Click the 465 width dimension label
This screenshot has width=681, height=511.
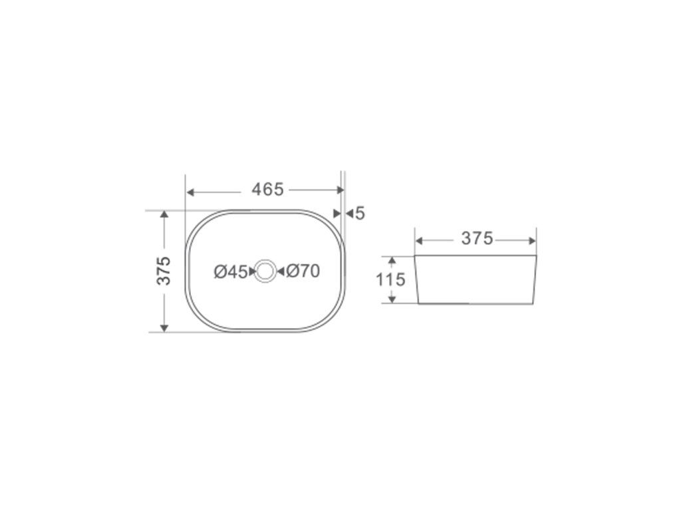267,190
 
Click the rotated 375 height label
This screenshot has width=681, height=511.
164,271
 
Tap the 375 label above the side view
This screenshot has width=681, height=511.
477,239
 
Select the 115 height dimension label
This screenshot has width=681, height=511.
390,279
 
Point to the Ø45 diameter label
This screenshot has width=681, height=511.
231,272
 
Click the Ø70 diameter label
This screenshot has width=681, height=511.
303,271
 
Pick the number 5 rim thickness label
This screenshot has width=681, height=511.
360,214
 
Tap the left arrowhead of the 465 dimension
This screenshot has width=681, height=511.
190,192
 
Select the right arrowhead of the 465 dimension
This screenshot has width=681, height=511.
340,190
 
